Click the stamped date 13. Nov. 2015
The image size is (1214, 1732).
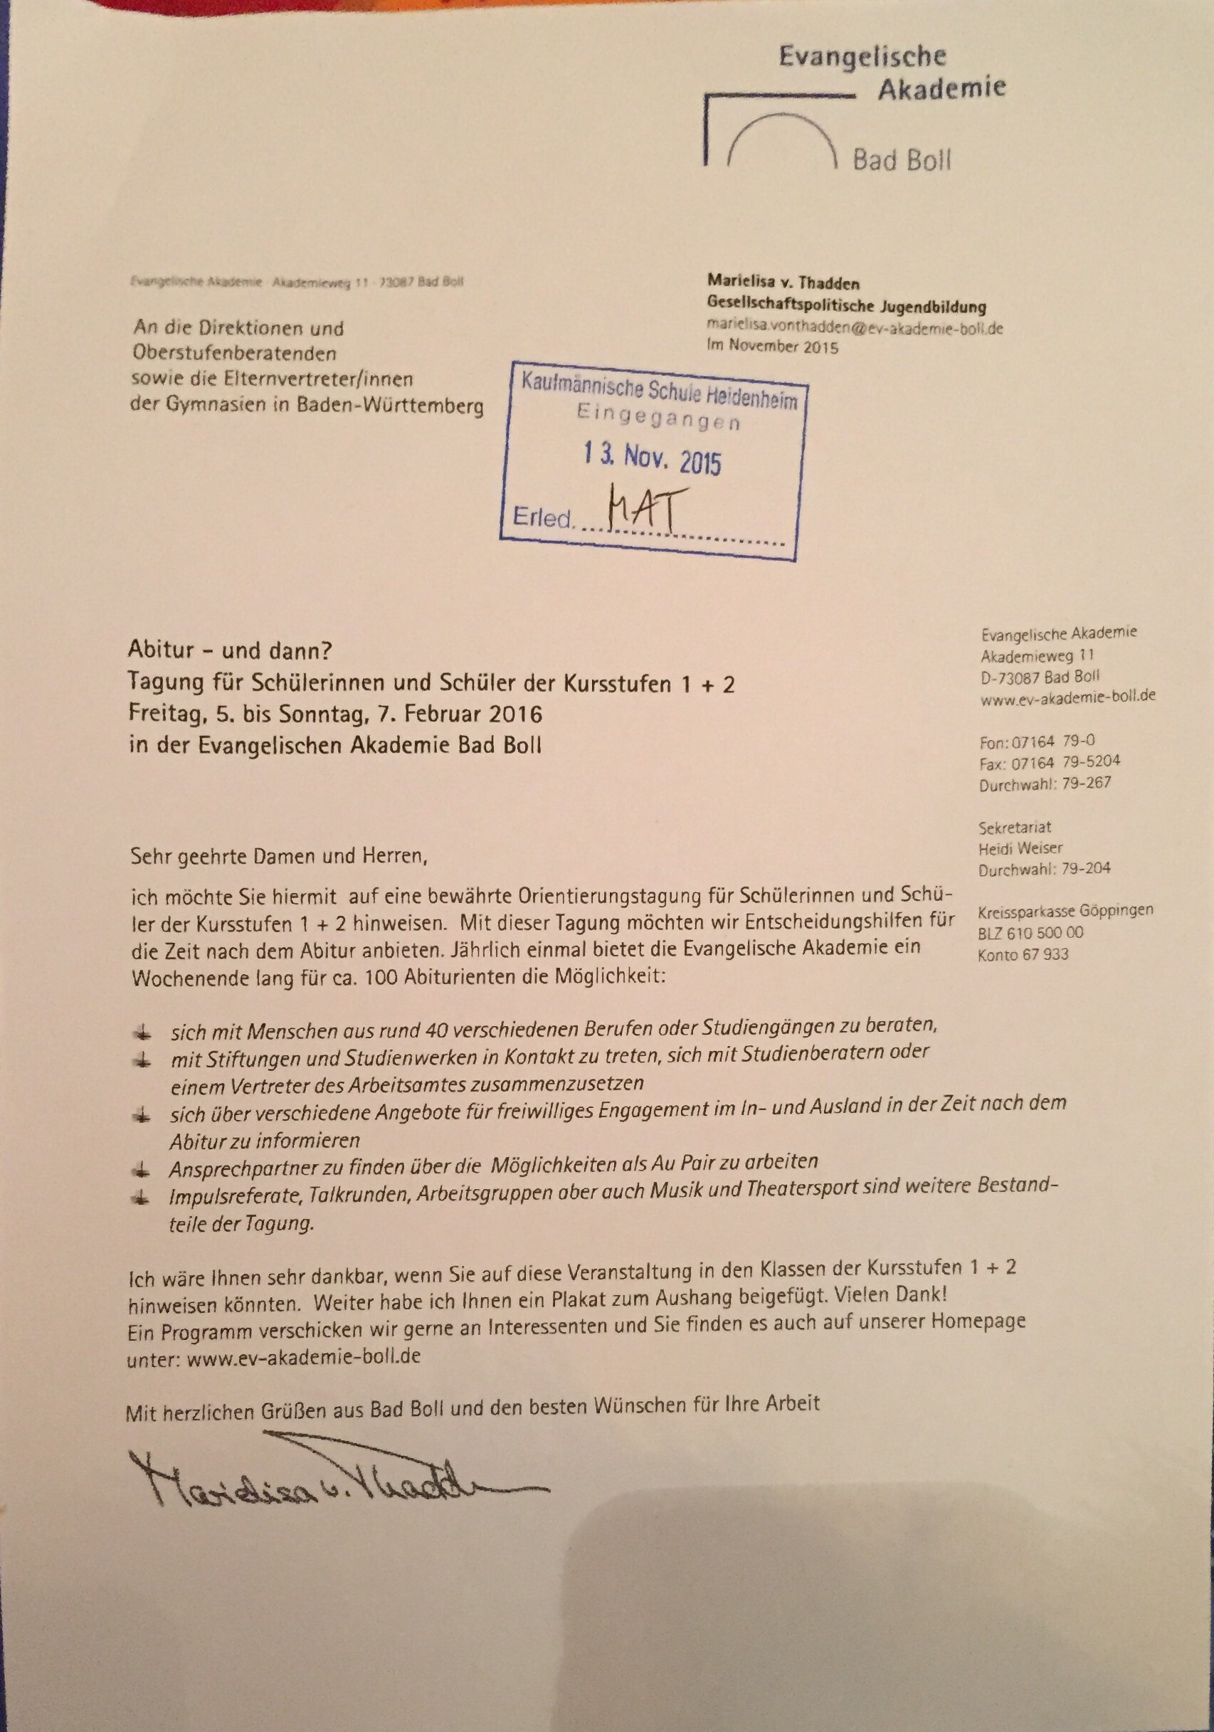click(652, 457)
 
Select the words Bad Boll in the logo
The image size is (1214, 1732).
click(901, 161)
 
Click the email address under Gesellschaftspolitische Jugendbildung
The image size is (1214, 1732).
click(854, 328)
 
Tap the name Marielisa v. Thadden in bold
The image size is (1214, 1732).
click(783, 283)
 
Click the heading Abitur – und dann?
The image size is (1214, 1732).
click(231, 650)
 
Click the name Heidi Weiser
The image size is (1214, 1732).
click(1020, 848)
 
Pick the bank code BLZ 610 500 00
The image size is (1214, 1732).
click(1030, 933)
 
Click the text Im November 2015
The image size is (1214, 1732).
click(772, 347)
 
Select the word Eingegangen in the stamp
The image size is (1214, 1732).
click(658, 417)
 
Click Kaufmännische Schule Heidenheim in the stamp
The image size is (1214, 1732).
click(659, 391)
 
